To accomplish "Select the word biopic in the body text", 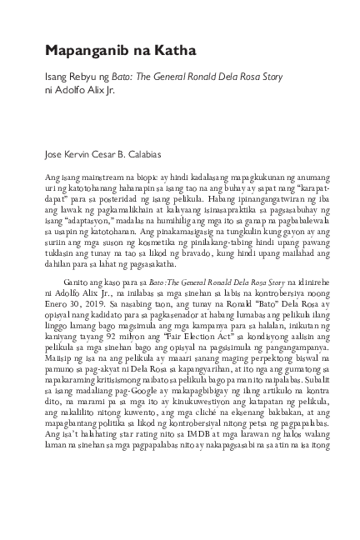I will (x=146, y=179).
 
